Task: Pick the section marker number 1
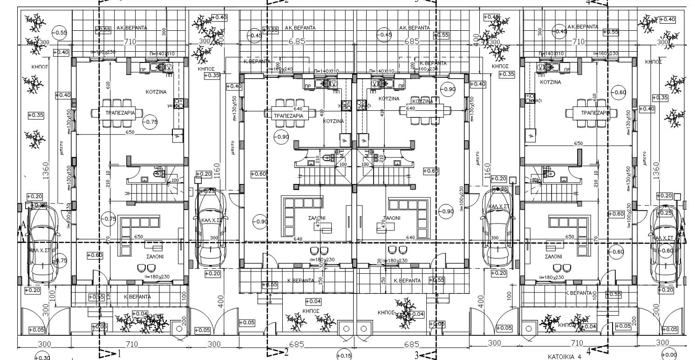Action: click(x=119, y=353)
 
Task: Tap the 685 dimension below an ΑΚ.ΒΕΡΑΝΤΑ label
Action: click(x=412, y=41)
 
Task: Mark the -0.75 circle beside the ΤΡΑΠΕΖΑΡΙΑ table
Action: click(x=150, y=122)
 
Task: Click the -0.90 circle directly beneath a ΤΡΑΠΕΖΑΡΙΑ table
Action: click(x=282, y=137)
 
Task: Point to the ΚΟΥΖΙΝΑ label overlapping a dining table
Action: click(x=422, y=101)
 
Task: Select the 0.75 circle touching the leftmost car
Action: click(x=61, y=261)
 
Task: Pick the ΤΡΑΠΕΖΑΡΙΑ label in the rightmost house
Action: click(x=595, y=113)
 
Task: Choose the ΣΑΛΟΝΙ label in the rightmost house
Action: click(x=553, y=257)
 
